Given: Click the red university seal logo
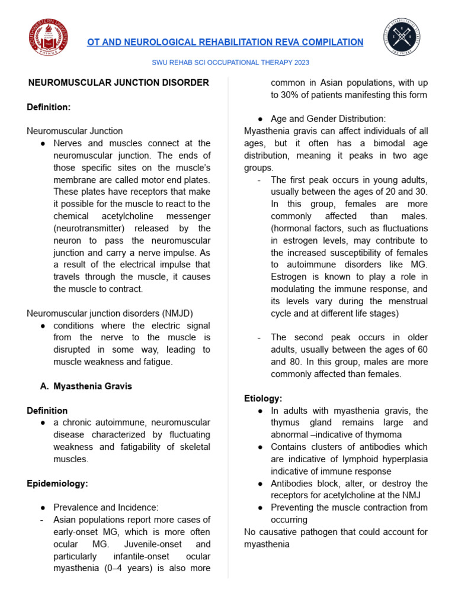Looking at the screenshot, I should pos(48,38).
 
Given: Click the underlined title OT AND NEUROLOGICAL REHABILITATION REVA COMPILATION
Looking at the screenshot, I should pos(225,42).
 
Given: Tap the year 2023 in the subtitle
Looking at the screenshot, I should pos(300,62).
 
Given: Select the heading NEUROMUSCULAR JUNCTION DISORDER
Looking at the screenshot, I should pos(118,82).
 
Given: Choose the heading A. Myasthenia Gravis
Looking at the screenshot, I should pos(86,386).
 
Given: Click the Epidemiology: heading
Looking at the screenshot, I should pos(57,483).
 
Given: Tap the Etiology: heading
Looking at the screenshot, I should pos(263,398).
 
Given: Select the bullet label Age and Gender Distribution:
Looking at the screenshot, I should pos(328,119).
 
